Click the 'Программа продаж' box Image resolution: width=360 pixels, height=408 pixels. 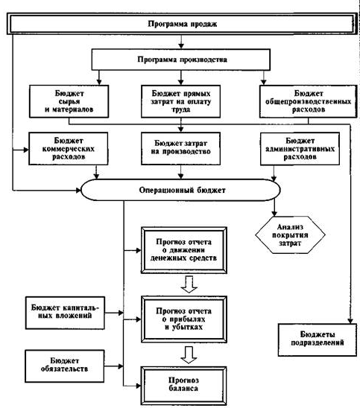182,24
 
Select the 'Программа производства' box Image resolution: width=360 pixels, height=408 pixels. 181,60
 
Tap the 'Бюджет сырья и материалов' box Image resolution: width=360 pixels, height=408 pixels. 69,101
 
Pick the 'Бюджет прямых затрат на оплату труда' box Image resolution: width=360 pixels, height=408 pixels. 181,101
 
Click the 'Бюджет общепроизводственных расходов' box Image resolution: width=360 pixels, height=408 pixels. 308,101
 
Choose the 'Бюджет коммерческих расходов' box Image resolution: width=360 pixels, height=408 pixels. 69,149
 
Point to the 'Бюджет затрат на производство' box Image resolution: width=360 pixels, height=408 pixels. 181,149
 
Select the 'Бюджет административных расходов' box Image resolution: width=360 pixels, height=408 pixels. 300,149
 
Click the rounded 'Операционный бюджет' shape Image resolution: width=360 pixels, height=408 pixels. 181,190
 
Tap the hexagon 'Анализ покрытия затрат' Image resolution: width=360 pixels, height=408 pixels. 290,235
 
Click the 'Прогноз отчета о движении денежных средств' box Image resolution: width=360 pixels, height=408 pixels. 184,250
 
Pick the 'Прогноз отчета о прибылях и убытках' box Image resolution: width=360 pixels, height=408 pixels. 184,319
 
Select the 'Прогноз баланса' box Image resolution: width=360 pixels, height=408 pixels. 184,386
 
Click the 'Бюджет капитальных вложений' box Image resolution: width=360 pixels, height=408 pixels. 65,313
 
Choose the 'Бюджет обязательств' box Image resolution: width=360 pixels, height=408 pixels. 65,366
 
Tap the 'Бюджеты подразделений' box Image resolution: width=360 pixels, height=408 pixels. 318,340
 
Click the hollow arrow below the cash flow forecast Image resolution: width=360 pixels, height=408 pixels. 189,284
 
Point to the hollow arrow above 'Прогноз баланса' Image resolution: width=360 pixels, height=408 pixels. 189,354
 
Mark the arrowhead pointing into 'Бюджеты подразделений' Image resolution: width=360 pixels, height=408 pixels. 350,321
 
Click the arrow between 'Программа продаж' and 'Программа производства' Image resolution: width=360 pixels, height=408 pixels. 181,42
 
